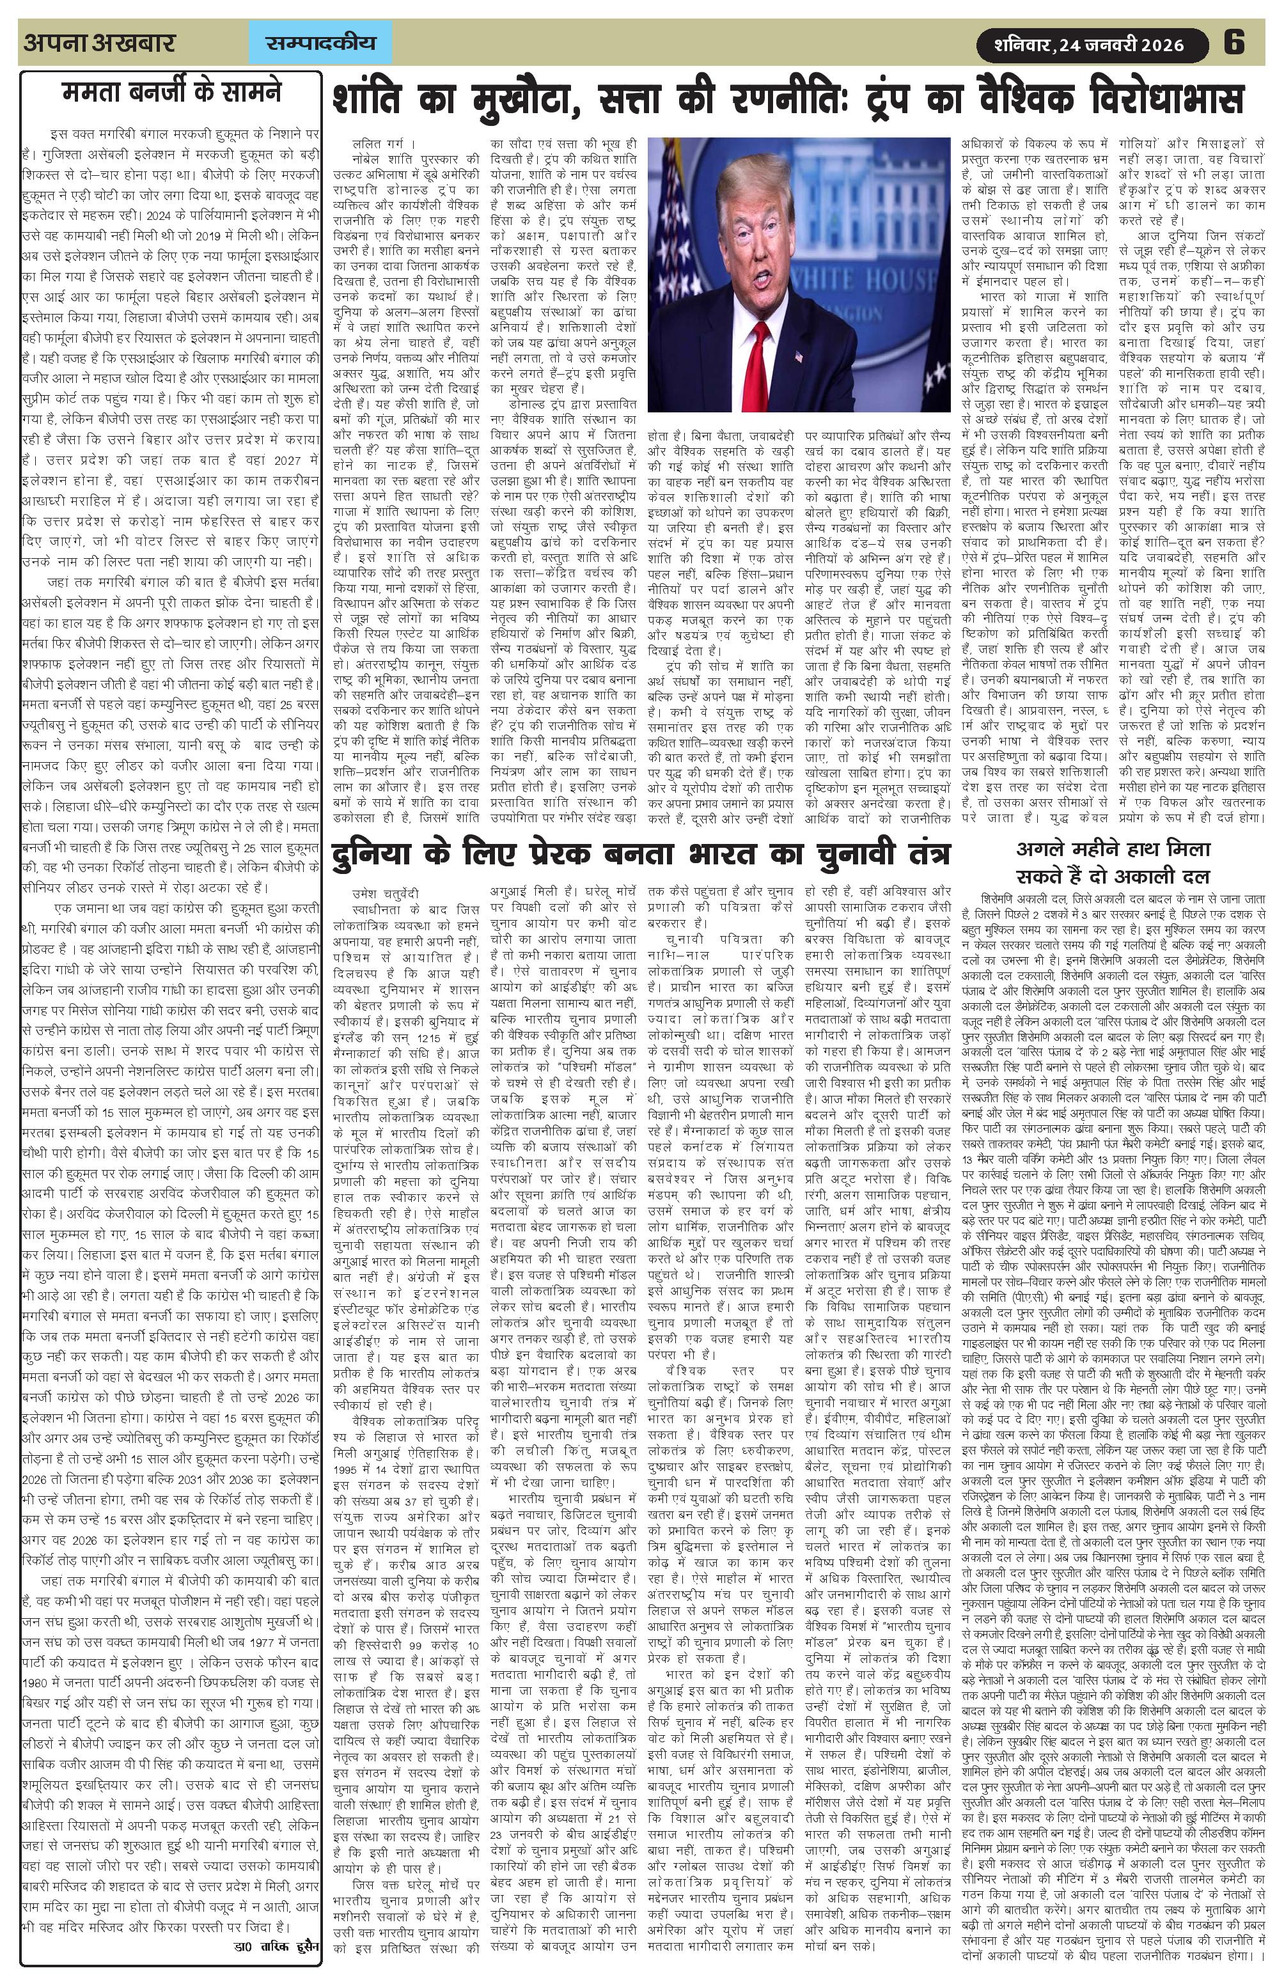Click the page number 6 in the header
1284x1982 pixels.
pos(1233,42)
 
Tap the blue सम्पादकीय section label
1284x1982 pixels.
pos(320,43)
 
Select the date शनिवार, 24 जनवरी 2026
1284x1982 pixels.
pos(1090,44)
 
